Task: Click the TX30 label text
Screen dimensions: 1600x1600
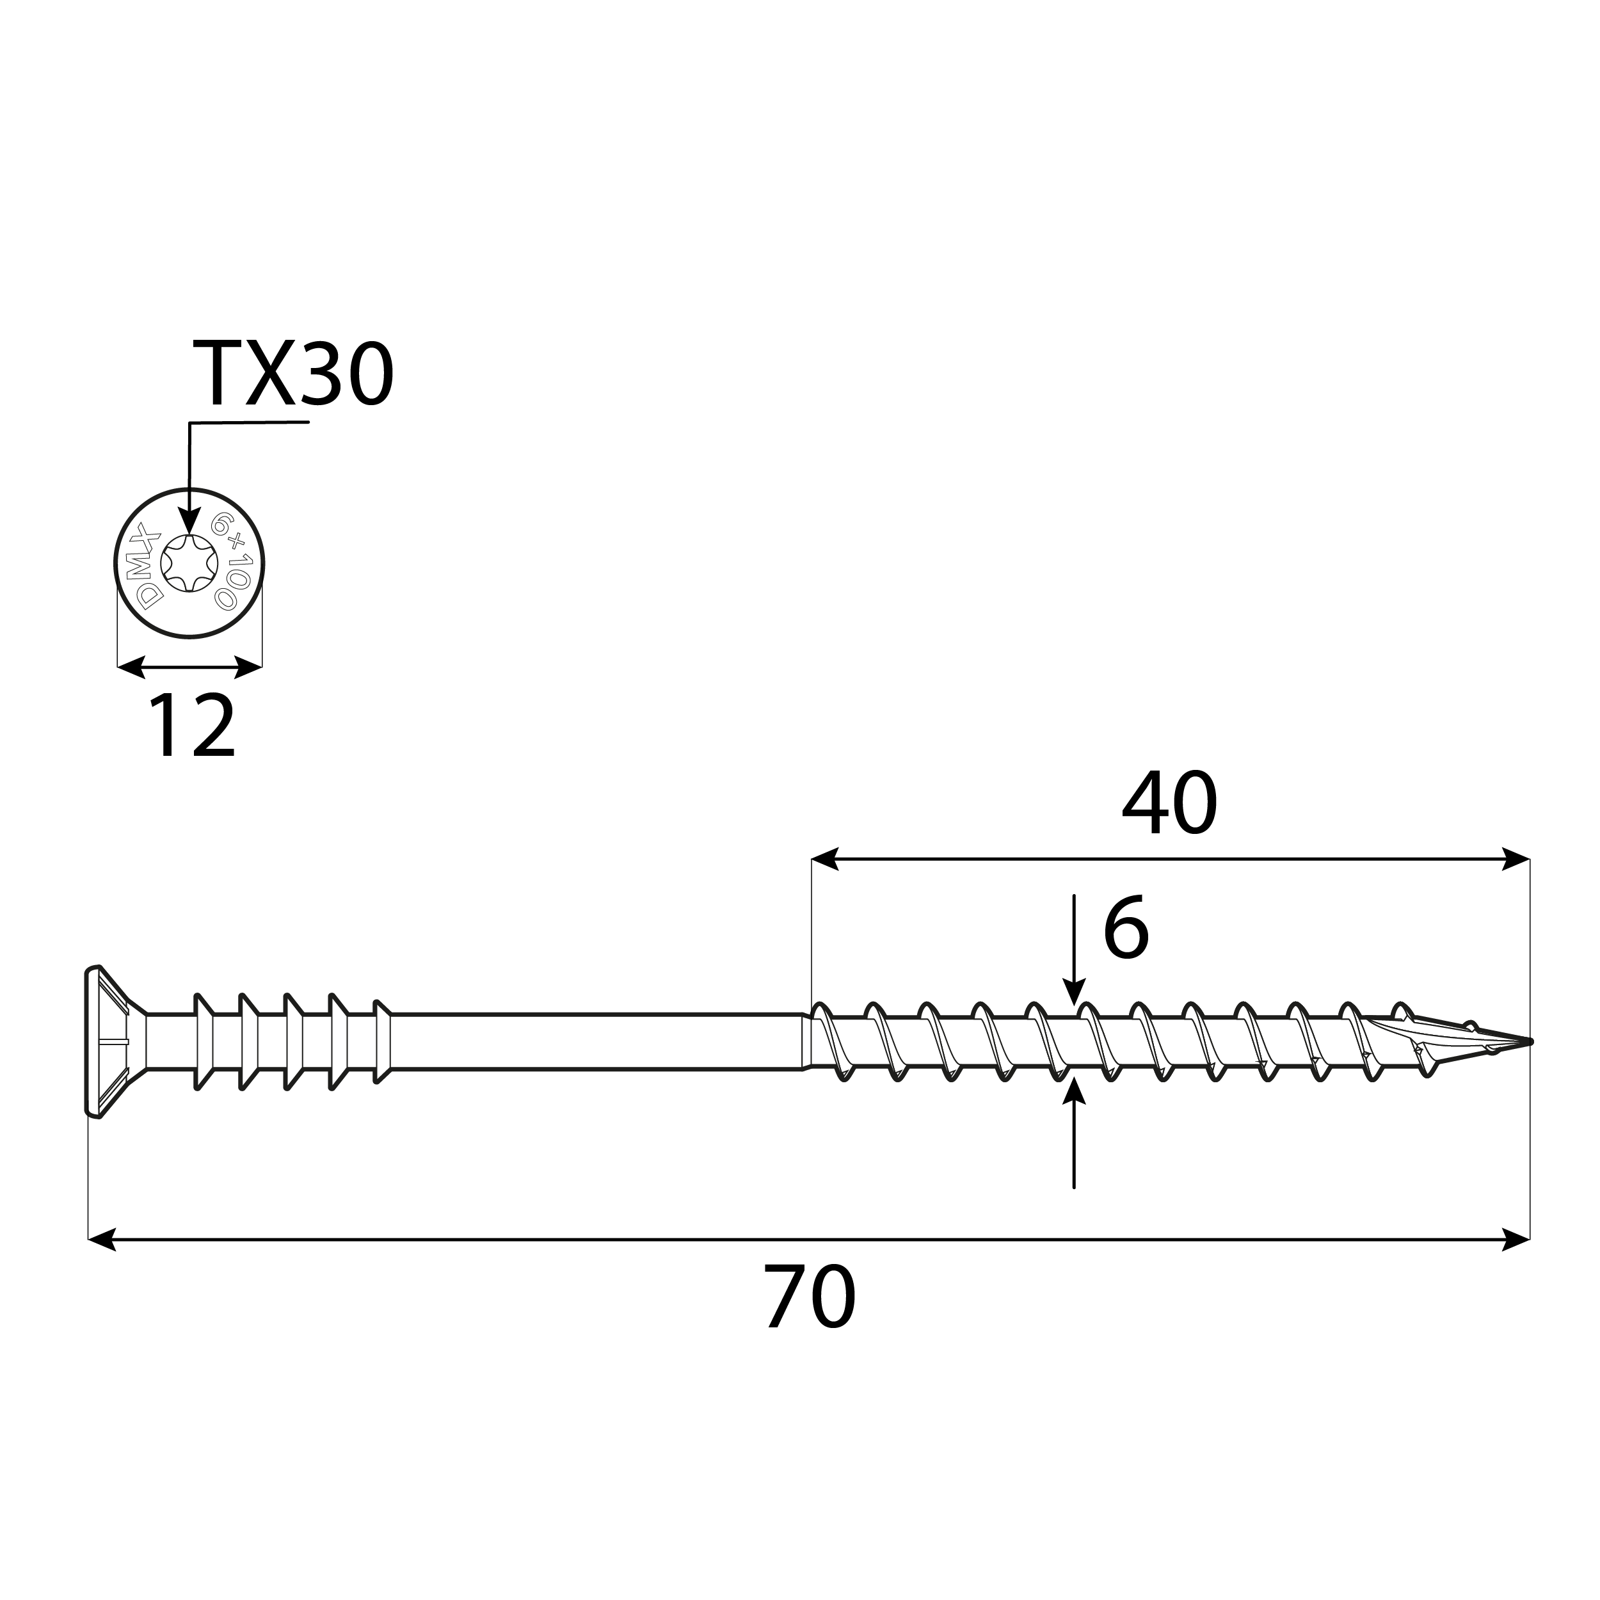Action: [x=292, y=374]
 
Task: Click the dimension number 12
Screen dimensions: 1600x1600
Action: [x=192, y=726]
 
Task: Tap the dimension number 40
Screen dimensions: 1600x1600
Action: [x=1169, y=804]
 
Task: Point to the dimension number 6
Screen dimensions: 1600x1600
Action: [x=1126, y=927]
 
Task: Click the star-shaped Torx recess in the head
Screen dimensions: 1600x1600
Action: [x=189, y=563]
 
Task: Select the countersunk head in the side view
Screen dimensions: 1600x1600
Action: [x=108, y=1041]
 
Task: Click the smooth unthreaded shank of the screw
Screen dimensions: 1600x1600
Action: [x=596, y=1041]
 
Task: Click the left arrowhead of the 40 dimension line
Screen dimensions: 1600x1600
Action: [x=825, y=859]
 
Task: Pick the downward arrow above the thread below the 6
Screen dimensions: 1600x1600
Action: [x=1074, y=991]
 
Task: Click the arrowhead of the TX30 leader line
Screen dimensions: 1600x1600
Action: [x=189, y=522]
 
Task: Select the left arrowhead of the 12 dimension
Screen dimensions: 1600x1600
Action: [x=131, y=667]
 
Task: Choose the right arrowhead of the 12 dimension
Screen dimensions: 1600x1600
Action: [x=248, y=667]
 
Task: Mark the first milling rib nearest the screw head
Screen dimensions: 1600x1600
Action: [x=200, y=1041]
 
